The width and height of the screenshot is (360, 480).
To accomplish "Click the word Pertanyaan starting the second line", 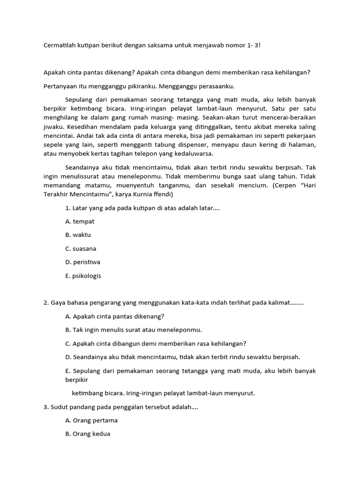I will (60, 86).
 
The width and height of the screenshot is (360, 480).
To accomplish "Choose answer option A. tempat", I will (80, 221).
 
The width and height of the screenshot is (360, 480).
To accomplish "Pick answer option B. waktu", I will (78, 235).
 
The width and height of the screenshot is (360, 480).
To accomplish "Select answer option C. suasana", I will (81, 248).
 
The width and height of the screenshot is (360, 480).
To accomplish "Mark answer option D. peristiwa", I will (82, 262).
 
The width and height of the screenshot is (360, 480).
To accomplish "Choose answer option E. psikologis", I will (83, 276).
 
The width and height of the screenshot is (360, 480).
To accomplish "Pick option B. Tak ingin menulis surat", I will (133, 330).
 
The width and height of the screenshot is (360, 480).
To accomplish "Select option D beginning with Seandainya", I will (182, 357).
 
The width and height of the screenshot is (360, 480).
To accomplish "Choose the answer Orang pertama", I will (91, 420).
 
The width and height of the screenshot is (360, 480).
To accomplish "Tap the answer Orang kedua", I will (88, 434).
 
